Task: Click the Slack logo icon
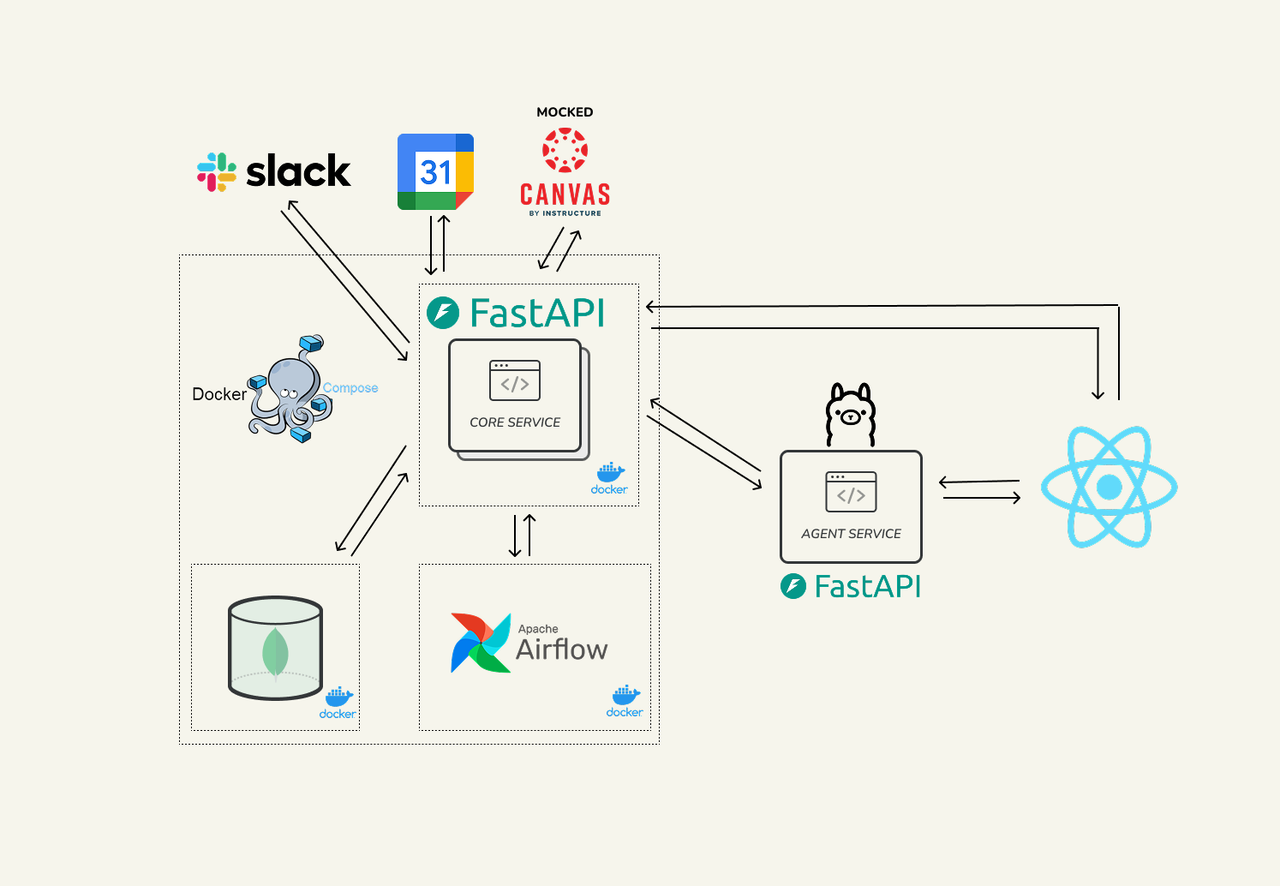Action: pos(217,172)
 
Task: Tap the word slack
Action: pos(298,172)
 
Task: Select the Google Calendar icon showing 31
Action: pos(435,172)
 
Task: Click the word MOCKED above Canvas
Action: pos(565,112)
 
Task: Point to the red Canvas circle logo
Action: pos(565,150)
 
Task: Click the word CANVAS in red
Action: pos(565,195)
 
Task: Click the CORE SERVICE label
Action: pos(515,422)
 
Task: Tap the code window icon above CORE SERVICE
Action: pos(515,380)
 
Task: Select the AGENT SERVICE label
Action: pos(851,534)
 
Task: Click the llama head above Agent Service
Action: pos(850,414)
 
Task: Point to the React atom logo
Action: pos(1109,487)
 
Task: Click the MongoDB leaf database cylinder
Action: pos(275,648)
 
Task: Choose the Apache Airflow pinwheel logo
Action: pos(481,643)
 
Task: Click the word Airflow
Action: pos(562,650)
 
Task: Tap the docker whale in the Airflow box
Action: pos(625,696)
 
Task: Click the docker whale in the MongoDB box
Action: pos(338,697)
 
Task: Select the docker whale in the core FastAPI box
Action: pos(610,473)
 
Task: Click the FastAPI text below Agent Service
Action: pos(867,587)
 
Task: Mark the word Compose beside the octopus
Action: pos(350,388)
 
